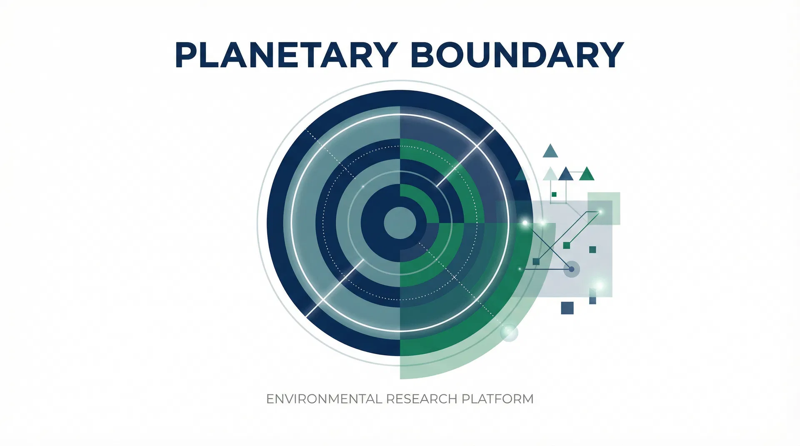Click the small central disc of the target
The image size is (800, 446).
tap(400, 223)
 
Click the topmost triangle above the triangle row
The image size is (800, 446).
tap(550, 151)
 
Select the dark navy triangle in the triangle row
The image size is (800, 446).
tap(565, 174)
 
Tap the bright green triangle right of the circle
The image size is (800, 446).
tap(587, 174)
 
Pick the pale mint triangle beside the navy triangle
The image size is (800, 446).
tap(550, 174)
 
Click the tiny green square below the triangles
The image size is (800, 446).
tap(554, 194)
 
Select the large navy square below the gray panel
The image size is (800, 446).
tap(567, 308)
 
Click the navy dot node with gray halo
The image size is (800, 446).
tap(571, 269)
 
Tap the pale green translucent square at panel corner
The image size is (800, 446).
tap(604, 208)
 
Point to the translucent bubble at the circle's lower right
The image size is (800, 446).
tap(509, 332)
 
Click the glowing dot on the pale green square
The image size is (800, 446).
tap(600, 212)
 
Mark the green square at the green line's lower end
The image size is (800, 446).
tap(566, 245)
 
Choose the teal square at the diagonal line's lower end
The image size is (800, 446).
tap(536, 262)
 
